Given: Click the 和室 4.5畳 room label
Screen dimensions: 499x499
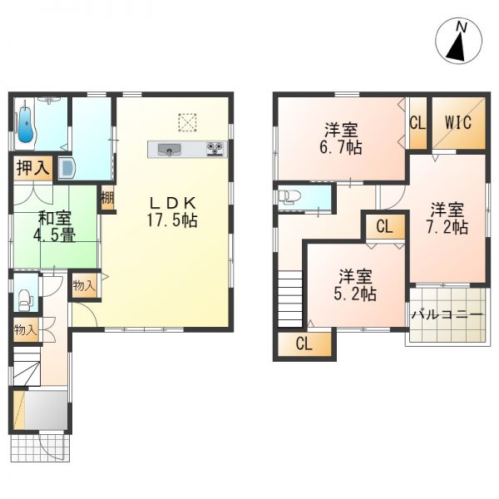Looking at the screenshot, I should point(56,226).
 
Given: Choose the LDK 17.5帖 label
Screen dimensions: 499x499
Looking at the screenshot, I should point(172,211).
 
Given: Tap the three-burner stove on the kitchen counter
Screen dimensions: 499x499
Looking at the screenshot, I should point(215,150).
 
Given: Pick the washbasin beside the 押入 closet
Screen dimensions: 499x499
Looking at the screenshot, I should point(67,169).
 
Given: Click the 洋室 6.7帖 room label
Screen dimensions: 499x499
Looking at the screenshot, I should point(341,138).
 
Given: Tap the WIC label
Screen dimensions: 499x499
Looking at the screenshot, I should point(457,122).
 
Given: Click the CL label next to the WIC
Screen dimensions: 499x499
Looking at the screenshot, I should point(417,122).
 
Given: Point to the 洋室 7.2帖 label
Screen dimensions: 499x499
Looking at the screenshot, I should point(447,217).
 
